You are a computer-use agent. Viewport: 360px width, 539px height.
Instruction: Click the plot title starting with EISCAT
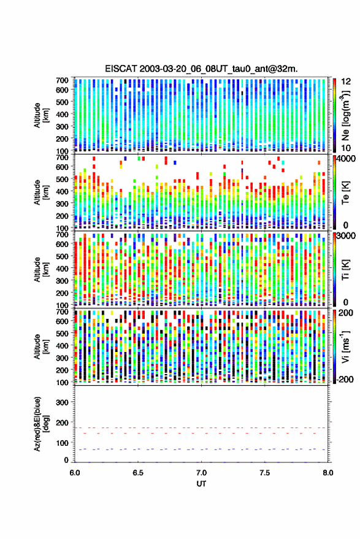[202, 69]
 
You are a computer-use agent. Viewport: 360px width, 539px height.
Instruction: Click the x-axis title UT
[201, 484]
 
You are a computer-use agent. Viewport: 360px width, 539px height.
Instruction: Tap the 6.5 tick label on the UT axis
[138, 473]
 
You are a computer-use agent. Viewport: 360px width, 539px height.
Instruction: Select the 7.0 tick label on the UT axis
[202, 473]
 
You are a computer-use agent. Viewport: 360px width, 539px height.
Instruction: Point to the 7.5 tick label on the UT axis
[265, 473]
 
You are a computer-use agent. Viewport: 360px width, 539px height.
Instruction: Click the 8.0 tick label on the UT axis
[328, 473]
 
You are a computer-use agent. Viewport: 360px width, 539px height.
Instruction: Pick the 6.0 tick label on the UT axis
[75, 473]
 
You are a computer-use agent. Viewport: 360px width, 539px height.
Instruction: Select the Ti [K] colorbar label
[345, 270]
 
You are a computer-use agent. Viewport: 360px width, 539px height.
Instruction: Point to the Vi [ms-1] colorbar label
[345, 346]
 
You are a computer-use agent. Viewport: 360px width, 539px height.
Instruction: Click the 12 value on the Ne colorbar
[346, 82]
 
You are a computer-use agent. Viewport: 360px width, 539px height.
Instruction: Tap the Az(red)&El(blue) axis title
[42, 424]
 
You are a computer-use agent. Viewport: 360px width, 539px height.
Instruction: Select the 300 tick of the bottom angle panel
[62, 402]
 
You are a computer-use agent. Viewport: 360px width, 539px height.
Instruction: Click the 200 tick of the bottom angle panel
[62, 422]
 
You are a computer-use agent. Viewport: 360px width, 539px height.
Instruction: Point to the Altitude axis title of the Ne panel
[41, 115]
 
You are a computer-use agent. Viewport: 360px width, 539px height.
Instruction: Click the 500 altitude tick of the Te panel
[62, 179]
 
